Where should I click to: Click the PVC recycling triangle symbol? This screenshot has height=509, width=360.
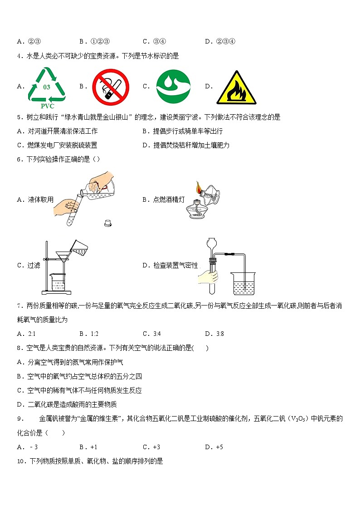47,85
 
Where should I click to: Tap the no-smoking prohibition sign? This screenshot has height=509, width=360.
111,87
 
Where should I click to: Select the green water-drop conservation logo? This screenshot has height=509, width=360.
173,86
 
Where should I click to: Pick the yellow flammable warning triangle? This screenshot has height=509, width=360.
236,88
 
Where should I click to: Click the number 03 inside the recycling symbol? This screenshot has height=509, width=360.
47,87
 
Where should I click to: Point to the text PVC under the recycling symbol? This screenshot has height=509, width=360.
47,106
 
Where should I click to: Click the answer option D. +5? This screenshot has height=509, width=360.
214,447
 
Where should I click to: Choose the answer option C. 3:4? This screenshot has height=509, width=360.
152,334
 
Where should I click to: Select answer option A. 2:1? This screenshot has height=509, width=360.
26,334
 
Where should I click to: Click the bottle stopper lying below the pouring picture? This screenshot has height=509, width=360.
108,223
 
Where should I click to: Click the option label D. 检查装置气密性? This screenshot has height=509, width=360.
170,266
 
